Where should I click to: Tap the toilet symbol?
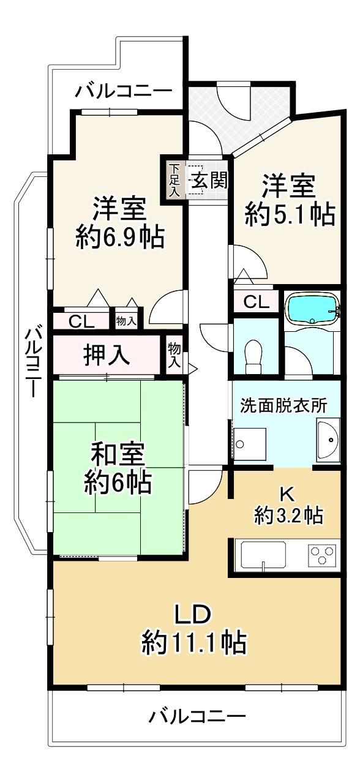click(x=252, y=356)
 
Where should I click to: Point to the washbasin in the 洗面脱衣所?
click(x=329, y=439)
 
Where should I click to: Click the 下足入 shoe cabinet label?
click(x=174, y=180)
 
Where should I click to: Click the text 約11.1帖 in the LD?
click(x=194, y=643)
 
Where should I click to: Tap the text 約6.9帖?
click(x=119, y=236)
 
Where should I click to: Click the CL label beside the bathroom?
click(x=256, y=301)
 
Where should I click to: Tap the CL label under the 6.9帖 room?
click(x=81, y=321)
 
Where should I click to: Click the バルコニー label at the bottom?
click(x=197, y=715)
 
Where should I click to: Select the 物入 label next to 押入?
click(x=174, y=355)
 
